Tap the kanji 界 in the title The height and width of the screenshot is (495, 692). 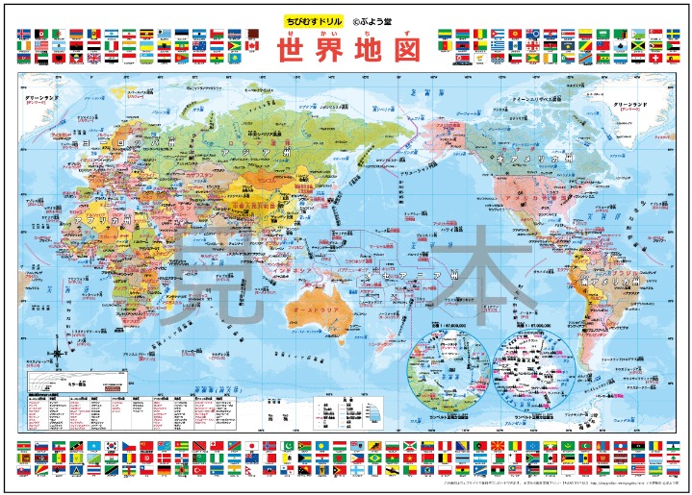point(330,51)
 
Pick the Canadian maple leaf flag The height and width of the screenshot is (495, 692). point(253,45)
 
